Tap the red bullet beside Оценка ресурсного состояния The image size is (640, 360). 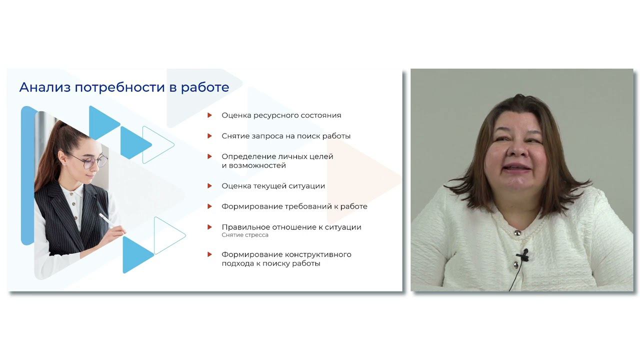210,115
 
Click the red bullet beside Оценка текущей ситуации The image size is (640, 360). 210,186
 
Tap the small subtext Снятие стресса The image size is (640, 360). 245,235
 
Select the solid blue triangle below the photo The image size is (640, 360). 136,254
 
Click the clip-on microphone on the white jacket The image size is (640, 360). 523,256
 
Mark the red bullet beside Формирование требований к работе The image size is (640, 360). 210,206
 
